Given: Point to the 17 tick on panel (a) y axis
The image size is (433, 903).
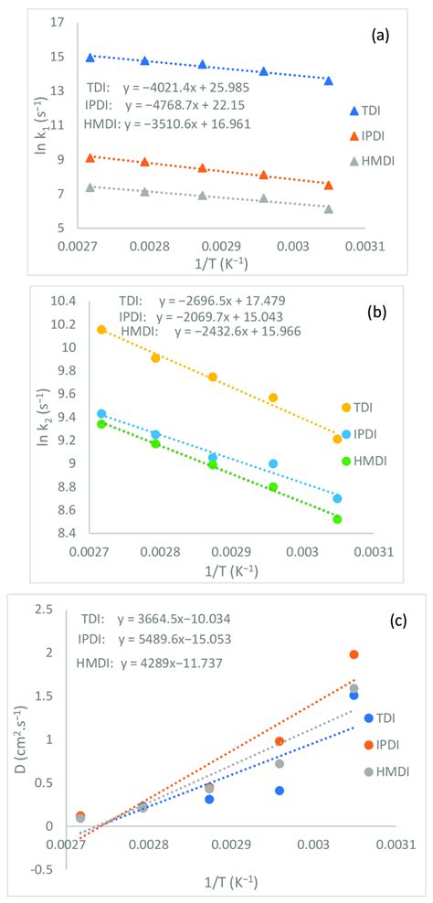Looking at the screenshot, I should pos(58,22).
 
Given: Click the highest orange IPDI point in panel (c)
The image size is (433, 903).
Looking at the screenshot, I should pos(354,654).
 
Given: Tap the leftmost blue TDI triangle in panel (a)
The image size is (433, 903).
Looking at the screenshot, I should pos(90,58).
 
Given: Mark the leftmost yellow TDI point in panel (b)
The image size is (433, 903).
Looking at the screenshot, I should pos(101,329).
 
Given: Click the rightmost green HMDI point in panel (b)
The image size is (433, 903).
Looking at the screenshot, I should pos(337,519).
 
